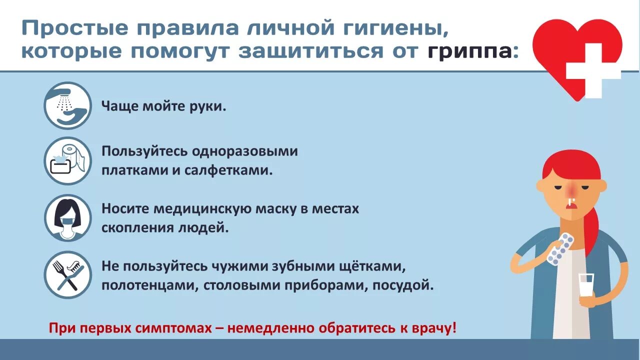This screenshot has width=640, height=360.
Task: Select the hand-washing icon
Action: (67, 105)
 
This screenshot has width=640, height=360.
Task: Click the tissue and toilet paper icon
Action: (67, 160)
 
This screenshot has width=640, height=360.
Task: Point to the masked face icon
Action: (67, 218)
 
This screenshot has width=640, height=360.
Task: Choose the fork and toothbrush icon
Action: (67, 274)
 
